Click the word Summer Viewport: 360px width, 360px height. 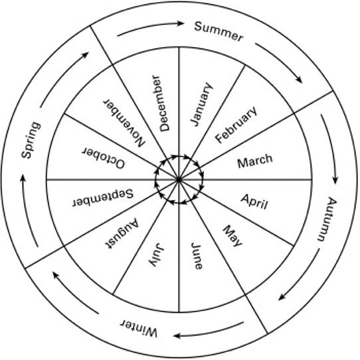point(218,32)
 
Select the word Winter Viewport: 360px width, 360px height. point(139,328)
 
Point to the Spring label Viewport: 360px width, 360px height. point(31,140)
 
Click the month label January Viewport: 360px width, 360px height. point(202,104)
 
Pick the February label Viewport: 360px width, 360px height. point(236,125)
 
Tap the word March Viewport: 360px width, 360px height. point(255,161)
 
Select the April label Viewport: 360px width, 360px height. point(254,202)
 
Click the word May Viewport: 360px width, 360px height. point(233,236)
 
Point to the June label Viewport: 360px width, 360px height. point(197,256)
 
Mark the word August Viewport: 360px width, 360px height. point(122,234)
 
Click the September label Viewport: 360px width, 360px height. point(103,198)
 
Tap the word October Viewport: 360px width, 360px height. point(104,158)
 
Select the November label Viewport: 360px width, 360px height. point(124,123)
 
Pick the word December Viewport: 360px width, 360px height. point(161,104)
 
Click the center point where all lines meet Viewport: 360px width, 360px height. point(179,179)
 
